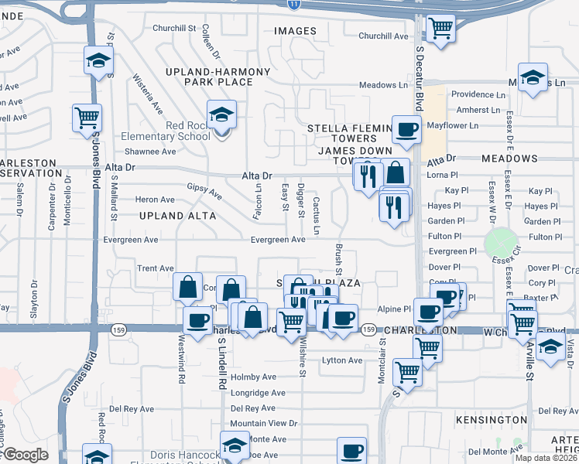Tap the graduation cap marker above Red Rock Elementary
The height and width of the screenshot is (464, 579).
click(222, 116)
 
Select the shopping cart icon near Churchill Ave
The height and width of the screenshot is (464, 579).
click(440, 29)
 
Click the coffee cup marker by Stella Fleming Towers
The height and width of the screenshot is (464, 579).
click(406, 130)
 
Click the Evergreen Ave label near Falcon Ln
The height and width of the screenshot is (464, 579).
click(277, 240)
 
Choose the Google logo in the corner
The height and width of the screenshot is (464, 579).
click(25, 455)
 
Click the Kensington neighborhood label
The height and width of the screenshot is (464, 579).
click(490, 419)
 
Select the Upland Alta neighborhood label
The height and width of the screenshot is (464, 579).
click(177, 216)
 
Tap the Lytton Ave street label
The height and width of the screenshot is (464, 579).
click(342, 360)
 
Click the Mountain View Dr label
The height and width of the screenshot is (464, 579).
click(263, 423)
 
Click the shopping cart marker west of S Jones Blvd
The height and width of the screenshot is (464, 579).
click(87, 118)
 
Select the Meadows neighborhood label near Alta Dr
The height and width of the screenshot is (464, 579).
click(509, 159)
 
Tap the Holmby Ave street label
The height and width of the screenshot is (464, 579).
click(253, 377)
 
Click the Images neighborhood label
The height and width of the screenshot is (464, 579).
click(295, 31)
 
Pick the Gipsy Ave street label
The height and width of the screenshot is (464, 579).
click(204, 190)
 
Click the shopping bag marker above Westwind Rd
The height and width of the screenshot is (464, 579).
click(188, 288)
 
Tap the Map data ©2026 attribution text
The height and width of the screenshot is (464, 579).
click(545, 458)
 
